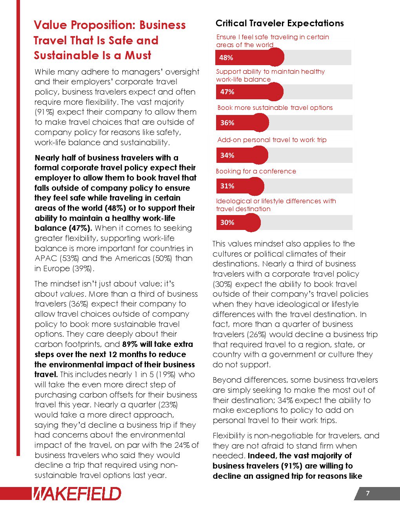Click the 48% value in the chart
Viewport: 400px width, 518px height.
(226, 58)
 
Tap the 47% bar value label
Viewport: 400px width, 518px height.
(227, 92)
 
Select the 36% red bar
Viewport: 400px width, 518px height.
(242, 123)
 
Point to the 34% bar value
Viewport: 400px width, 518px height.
(227, 155)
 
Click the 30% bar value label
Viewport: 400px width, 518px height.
(227, 223)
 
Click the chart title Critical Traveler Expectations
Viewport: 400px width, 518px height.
(280, 23)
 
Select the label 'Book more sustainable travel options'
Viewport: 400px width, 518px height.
(275, 108)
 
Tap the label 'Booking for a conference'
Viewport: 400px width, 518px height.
(256, 171)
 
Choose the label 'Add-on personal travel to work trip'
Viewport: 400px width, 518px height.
(272, 140)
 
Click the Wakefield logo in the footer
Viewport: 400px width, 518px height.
(77, 494)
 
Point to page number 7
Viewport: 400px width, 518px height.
(367, 493)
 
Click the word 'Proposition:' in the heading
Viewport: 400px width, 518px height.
(96, 25)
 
